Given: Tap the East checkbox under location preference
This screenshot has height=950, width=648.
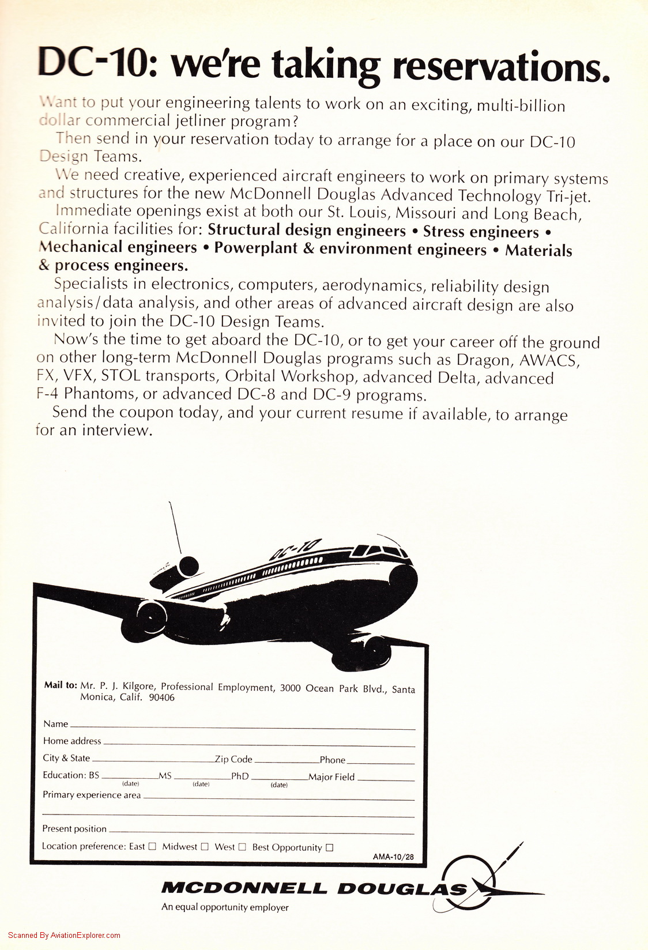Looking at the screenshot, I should click(x=152, y=846).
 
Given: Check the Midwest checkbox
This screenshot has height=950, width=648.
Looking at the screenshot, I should click(x=204, y=846).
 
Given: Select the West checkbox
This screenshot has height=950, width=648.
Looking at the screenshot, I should click(x=242, y=847).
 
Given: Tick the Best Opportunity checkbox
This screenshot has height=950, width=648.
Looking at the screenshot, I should click(x=329, y=847).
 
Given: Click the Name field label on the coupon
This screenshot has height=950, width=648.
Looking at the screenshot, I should click(x=55, y=724).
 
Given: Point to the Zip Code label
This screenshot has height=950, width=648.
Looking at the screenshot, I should click(x=233, y=759).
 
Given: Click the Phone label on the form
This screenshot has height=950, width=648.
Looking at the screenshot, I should click(x=333, y=760).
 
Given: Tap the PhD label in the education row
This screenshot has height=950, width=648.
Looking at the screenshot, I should click(x=240, y=776).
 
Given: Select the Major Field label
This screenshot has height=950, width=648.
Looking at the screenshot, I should click(x=331, y=777).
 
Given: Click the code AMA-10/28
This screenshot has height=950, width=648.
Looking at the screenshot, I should click(x=393, y=857).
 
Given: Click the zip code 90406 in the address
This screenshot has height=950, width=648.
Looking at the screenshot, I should click(x=161, y=698).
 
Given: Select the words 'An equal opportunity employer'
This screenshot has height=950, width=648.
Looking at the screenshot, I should click(x=225, y=907).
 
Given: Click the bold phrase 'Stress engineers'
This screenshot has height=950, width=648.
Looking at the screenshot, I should click(x=481, y=232).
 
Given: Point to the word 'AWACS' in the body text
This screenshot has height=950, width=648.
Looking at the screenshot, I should click(x=549, y=360).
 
